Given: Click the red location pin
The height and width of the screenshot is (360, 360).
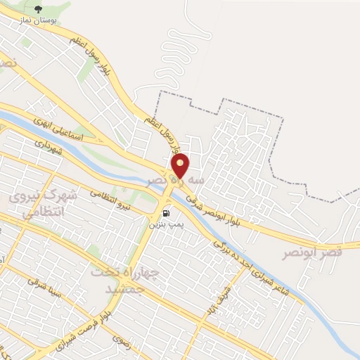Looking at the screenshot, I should (x=181, y=166).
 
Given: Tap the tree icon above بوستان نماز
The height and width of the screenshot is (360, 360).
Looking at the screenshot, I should (x=38, y=8).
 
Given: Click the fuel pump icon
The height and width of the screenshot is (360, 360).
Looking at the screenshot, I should (x=165, y=212).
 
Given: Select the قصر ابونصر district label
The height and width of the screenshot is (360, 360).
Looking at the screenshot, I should (x=312, y=252).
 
